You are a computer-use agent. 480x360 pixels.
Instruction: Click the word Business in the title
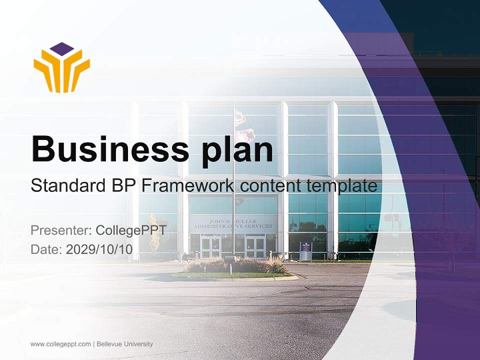pos(110,149)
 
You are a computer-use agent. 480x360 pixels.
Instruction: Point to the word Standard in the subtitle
pos(68,185)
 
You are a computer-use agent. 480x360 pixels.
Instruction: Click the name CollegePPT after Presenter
pos(131,230)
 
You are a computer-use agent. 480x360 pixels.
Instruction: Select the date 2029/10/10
pos(99,249)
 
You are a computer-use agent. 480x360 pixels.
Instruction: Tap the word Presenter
pos(61,230)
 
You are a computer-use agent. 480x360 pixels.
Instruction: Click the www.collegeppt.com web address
pos(60,344)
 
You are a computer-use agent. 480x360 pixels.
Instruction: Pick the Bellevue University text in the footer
pos(124,344)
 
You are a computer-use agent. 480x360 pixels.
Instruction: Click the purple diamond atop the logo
pos(62,49)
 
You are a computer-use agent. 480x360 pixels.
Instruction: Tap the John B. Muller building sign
pos(232,224)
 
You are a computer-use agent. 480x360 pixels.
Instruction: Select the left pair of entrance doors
pos(210,246)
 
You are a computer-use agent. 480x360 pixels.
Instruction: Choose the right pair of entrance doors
pos(255,246)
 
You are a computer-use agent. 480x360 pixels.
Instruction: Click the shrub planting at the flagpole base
pos(235,265)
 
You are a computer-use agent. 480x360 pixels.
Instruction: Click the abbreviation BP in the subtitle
pos(123,185)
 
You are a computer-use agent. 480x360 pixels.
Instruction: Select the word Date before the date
pos(46,249)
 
